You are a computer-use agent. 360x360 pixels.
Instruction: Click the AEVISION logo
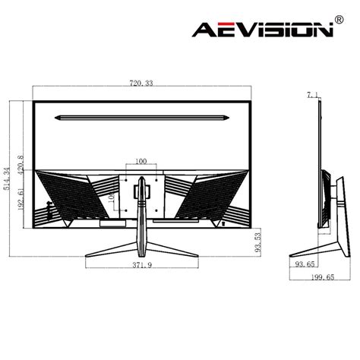click(263, 30)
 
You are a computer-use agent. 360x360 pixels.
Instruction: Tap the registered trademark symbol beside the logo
click(339, 20)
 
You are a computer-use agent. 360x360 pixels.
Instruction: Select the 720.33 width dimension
click(141, 84)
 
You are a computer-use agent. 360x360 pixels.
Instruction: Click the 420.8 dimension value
click(21, 165)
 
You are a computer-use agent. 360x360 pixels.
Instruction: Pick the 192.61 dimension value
click(21, 199)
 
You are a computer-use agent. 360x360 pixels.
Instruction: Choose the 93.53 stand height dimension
click(257, 243)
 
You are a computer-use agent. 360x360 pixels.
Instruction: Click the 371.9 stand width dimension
click(142, 265)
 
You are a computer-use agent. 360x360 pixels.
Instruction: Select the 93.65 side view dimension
click(305, 264)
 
